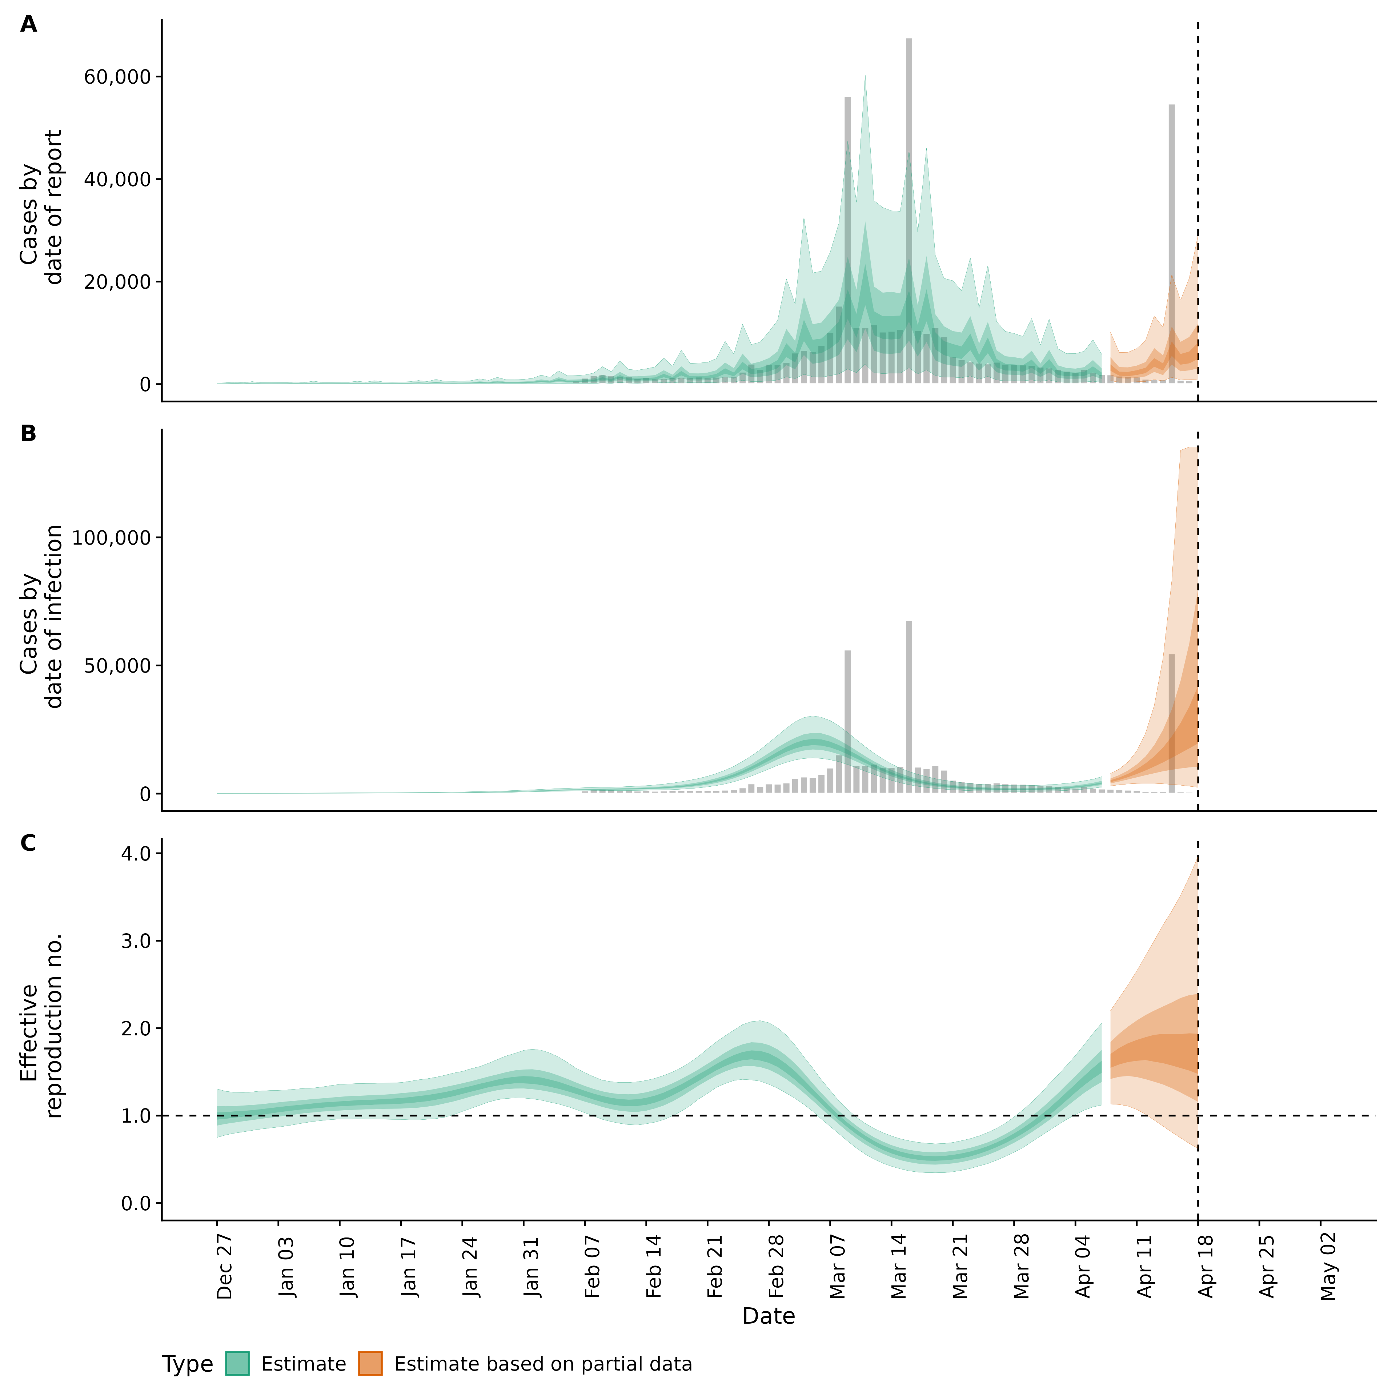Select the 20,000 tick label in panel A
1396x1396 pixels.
click(x=117, y=282)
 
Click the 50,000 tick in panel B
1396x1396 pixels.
click(x=117, y=666)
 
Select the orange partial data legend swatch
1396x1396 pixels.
click(x=370, y=1364)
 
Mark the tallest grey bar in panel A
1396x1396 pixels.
click(x=909, y=209)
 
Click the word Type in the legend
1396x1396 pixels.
click(x=187, y=1364)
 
